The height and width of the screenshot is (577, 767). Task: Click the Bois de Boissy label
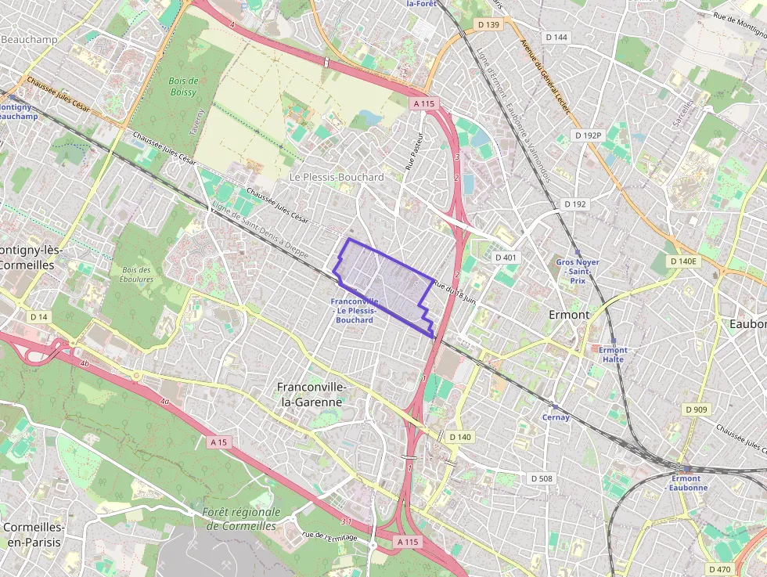tap(183, 86)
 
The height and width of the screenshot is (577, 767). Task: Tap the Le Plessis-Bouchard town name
tap(337, 178)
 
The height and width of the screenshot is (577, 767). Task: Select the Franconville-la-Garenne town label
tap(311, 395)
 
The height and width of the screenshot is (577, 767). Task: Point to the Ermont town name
tap(569, 315)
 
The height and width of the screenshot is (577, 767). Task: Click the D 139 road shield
tap(488, 25)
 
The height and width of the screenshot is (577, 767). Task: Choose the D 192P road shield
tap(588, 135)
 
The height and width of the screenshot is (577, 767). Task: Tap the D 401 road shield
tap(506, 257)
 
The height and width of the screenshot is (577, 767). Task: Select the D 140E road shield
tap(682, 261)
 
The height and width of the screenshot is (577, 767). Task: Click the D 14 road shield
tap(38, 317)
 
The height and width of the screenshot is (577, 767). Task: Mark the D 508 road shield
tap(541, 478)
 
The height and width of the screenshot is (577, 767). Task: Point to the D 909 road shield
tap(696, 409)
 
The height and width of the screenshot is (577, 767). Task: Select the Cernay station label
tap(556, 417)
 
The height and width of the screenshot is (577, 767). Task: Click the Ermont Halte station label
tap(613, 355)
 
